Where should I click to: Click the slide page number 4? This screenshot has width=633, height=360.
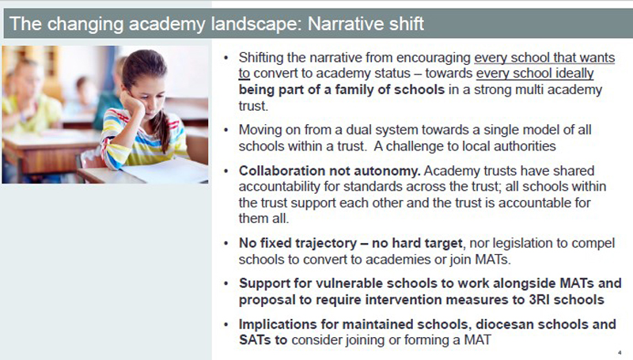(620, 353)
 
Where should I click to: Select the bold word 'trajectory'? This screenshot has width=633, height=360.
(326, 244)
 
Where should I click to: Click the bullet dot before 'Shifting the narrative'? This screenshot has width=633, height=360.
(226, 58)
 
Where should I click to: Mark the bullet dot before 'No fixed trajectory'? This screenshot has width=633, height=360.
(226, 244)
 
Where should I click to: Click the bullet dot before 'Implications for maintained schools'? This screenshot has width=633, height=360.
(226, 324)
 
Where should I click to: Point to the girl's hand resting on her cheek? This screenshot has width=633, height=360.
(132, 106)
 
